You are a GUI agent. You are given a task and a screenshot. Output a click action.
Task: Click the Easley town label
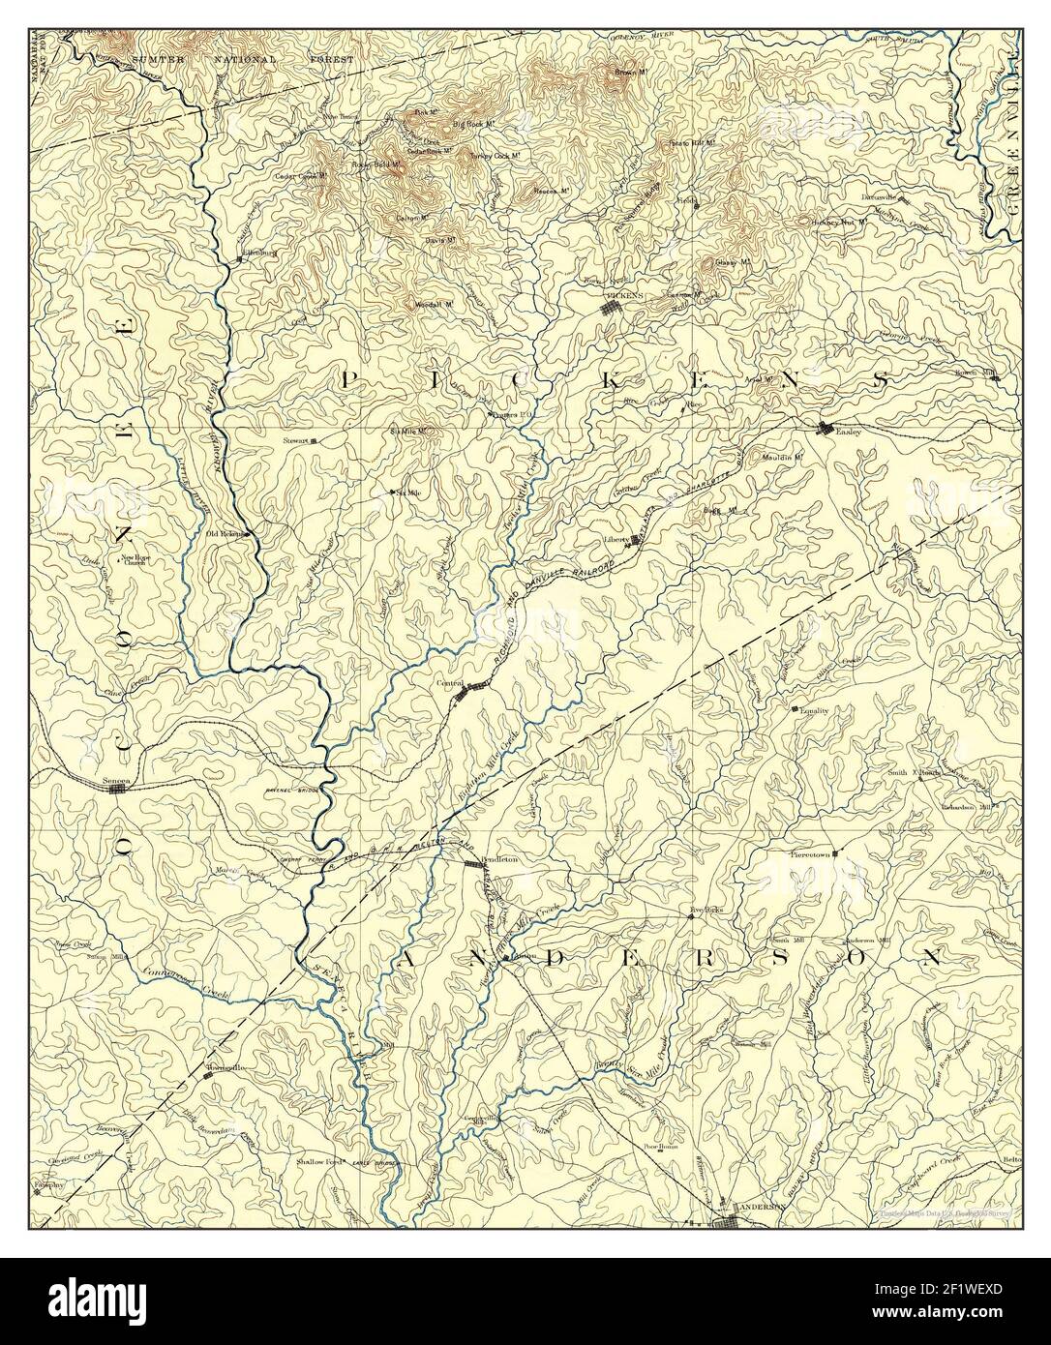(x=848, y=432)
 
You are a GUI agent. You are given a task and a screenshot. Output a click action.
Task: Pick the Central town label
(x=449, y=683)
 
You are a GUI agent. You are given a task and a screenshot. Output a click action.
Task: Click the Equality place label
(x=811, y=711)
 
